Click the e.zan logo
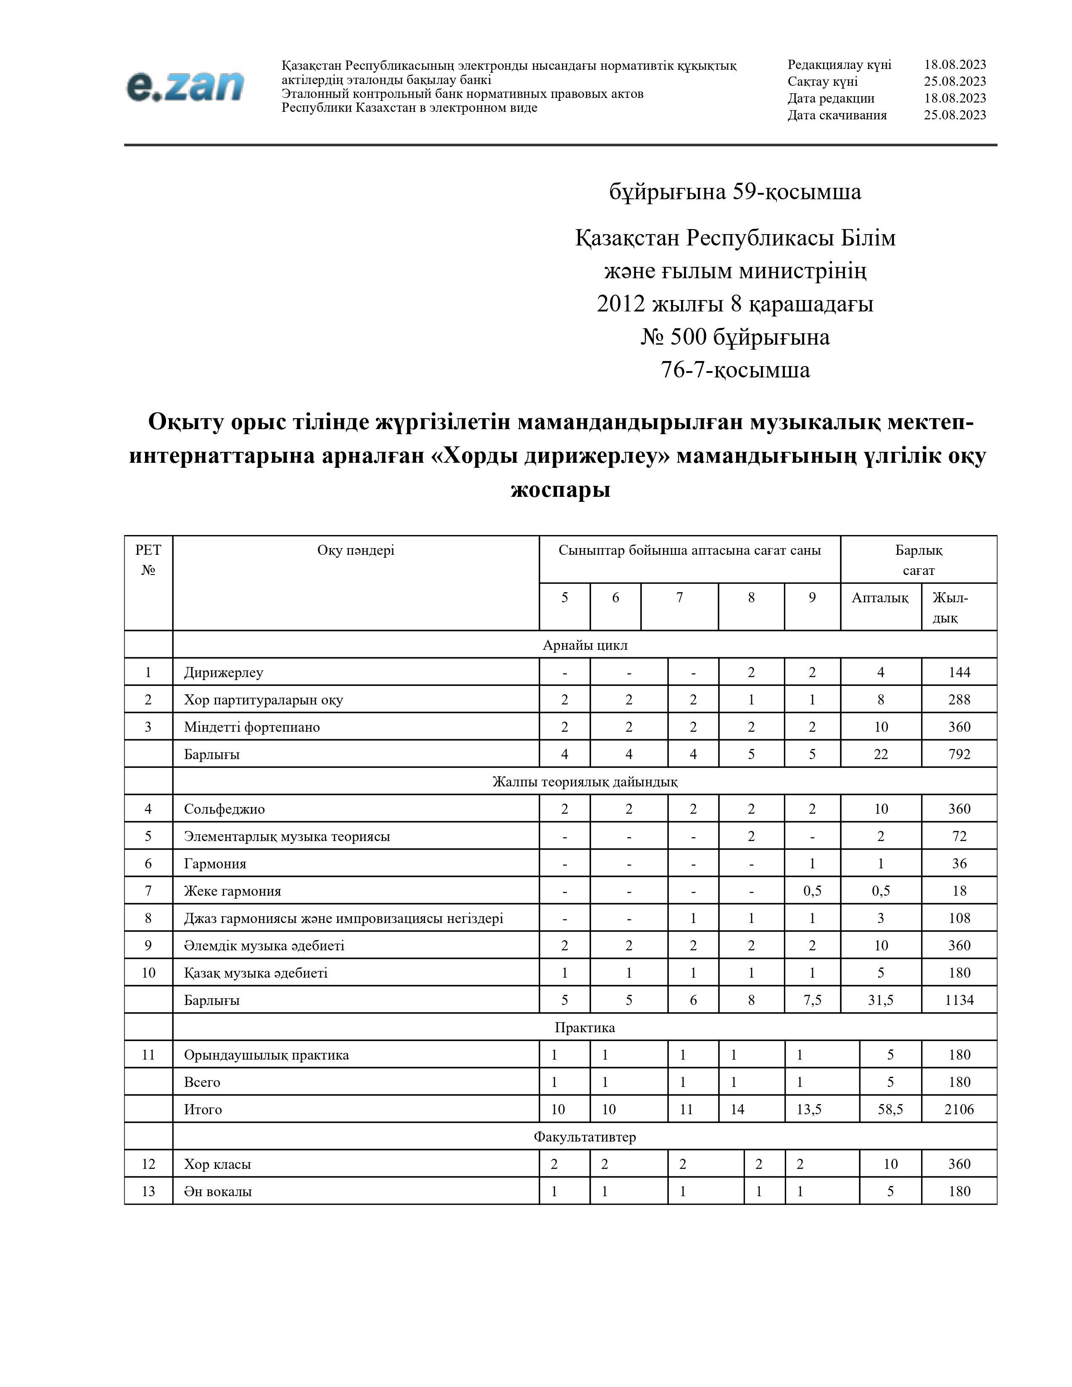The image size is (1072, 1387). click(x=185, y=86)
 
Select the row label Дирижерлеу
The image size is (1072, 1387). click(x=224, y=672)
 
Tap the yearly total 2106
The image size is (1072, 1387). click(x=959, y=1110)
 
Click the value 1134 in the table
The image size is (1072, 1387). click(x=959, y=1000)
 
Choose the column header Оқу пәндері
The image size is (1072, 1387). click(x=356, y=550)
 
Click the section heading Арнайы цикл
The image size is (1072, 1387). click(x=585, y=645)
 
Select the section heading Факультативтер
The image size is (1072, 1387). click(x=585, y=1137)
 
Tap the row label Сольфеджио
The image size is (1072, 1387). click(x=224, y=809)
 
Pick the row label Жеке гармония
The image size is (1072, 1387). click(x=232, y=891)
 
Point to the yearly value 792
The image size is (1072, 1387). click(x=959, y=754)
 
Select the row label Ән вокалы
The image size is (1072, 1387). click(x=218, y=1192)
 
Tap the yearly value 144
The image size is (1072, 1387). click(x=959, y=672)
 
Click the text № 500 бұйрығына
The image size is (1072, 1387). click(x=735, y=337)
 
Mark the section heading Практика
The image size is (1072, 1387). click(x=585, y=1028)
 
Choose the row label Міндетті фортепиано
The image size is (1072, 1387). click(x=252, y=727)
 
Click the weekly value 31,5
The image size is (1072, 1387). click(x=881, y=1000)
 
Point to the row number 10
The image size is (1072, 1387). click(x=148, y=973)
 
